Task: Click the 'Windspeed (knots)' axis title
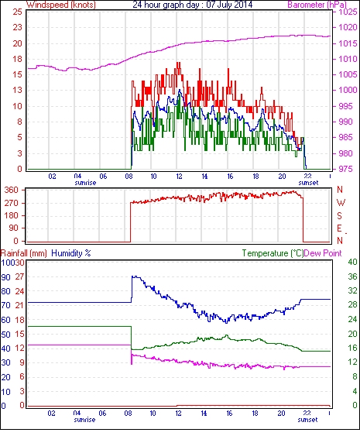coord(61,5)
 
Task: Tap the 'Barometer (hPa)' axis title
coord(317,5)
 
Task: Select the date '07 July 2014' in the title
coord(229,5)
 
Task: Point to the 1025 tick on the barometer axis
coord(348,12)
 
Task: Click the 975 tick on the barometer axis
coord(346,169)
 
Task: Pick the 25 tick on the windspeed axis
coord(17,12)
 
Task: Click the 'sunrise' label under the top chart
coord(85,183)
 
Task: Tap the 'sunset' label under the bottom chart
coord(307,419)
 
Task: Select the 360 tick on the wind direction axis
coord(12,191)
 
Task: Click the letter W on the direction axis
coord(341,203)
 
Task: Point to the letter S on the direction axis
coord(339,215)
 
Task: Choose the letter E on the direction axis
coord(339,228)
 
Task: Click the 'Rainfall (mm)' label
coord(24,253)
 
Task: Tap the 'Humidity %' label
coord(71,253)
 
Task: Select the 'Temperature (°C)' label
coord(273,253)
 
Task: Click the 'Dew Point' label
coord(323,253)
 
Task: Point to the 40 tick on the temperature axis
coord(352,262)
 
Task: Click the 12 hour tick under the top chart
coord(179,177)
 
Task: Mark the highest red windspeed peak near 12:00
coord(178,63)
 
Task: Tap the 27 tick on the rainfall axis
coord(19,276)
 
